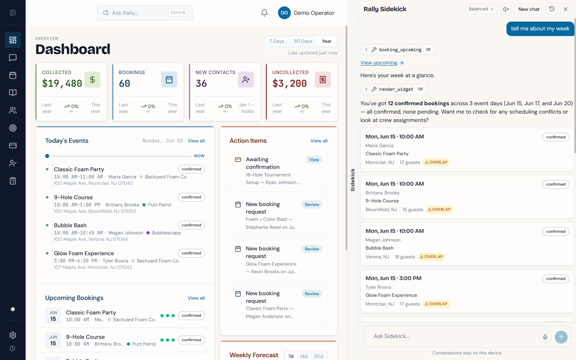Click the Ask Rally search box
(x=145, y=13)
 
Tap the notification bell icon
(x=264, y=13)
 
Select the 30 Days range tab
(x=303, y=41)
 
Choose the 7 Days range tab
(x=277, y=41)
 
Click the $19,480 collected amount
(x=62, y=83)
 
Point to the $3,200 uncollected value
(x=290, y=83)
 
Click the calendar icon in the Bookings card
(x=169, y=80)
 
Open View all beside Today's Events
(x=196, y=141)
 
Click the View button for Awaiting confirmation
(x=314, y=160)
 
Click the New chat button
(x=529, y=9)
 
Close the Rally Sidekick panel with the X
(x=566, y=9)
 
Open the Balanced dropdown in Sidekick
(x=481, y=9)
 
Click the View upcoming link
(x=382, y=63)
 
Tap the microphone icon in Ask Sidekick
(x=545, y=337)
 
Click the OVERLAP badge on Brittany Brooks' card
(x=439, y=210)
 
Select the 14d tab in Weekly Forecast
(x=304, y=356)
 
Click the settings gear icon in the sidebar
(x=13, y=335)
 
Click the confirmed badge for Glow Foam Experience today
(x=191, y=253)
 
